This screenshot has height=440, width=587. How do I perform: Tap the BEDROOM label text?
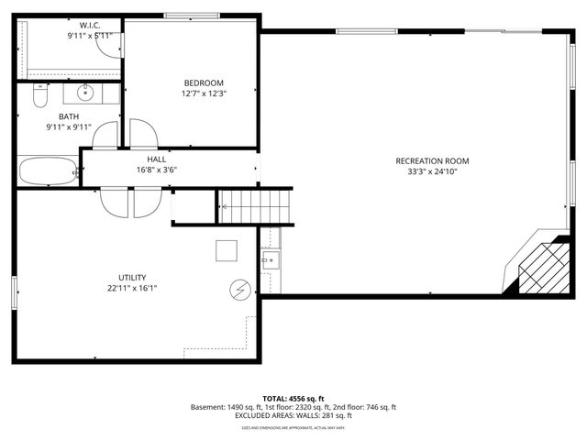point(203,82)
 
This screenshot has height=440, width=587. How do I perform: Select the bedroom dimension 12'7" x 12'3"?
point(203,93)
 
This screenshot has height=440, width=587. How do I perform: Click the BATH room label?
point(69,116)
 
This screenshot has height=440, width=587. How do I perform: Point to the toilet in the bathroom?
point(39,95)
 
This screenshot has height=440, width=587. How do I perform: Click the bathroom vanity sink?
point(85,92)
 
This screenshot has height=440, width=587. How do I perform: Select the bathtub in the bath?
point(49,170)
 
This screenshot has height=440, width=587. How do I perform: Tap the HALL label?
point(156,159)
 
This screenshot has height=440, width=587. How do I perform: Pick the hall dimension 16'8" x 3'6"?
point(156,170)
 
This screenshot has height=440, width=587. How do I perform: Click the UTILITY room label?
point(132,277)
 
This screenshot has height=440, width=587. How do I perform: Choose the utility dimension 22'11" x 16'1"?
point(132,288)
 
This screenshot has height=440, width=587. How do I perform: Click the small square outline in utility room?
point(227,250)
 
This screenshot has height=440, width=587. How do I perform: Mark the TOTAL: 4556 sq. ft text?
point(293,399)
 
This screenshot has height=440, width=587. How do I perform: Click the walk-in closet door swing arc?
point(111,45)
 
